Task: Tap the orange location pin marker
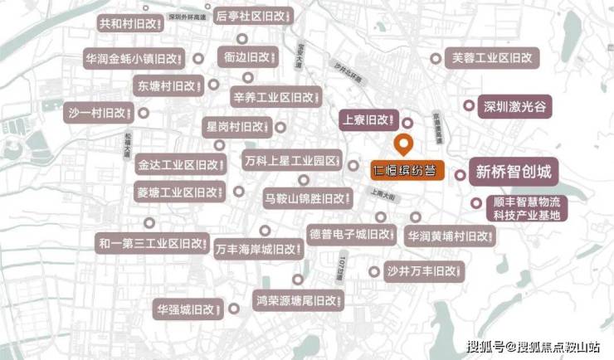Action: point(405,145)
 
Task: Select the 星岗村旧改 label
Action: point(236,128)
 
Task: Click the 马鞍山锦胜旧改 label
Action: point(305,199)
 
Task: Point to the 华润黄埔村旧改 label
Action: point(450,236)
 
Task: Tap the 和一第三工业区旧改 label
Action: point(151,244)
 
